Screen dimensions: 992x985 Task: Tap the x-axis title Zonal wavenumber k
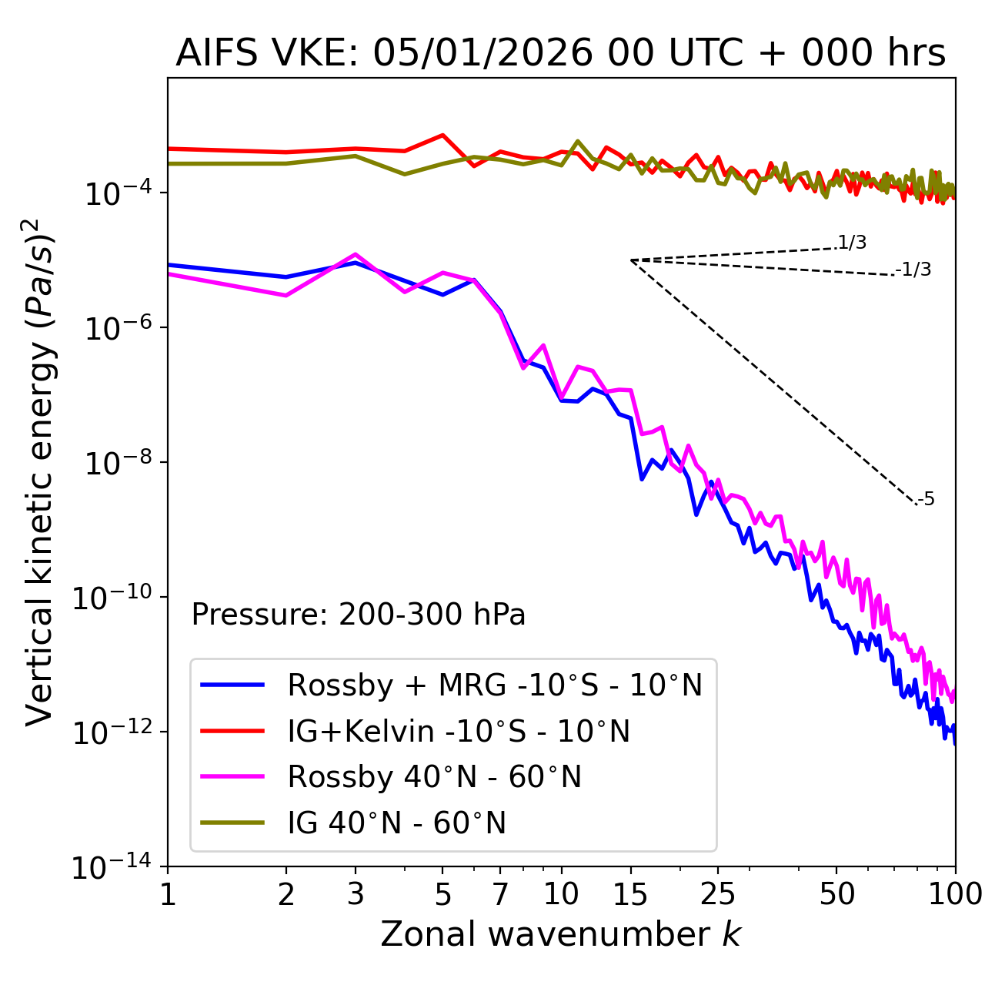[x=560, y=934]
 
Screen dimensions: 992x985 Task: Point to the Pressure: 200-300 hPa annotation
[x=359, y=615]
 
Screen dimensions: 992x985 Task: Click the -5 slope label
[x=927, y=500]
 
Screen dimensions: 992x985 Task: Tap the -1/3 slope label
[x=914, y=270]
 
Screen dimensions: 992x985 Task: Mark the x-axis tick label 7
[x=500, y=894]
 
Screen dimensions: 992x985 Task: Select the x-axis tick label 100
[x=955, y=894]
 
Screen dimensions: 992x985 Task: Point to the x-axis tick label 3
[x=356, y=894]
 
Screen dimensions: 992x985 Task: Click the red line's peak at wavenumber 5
[x=442, y=135]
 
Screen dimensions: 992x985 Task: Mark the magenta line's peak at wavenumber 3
[x=356, y=254]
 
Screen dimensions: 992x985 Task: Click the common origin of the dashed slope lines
[x=631, y=260]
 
